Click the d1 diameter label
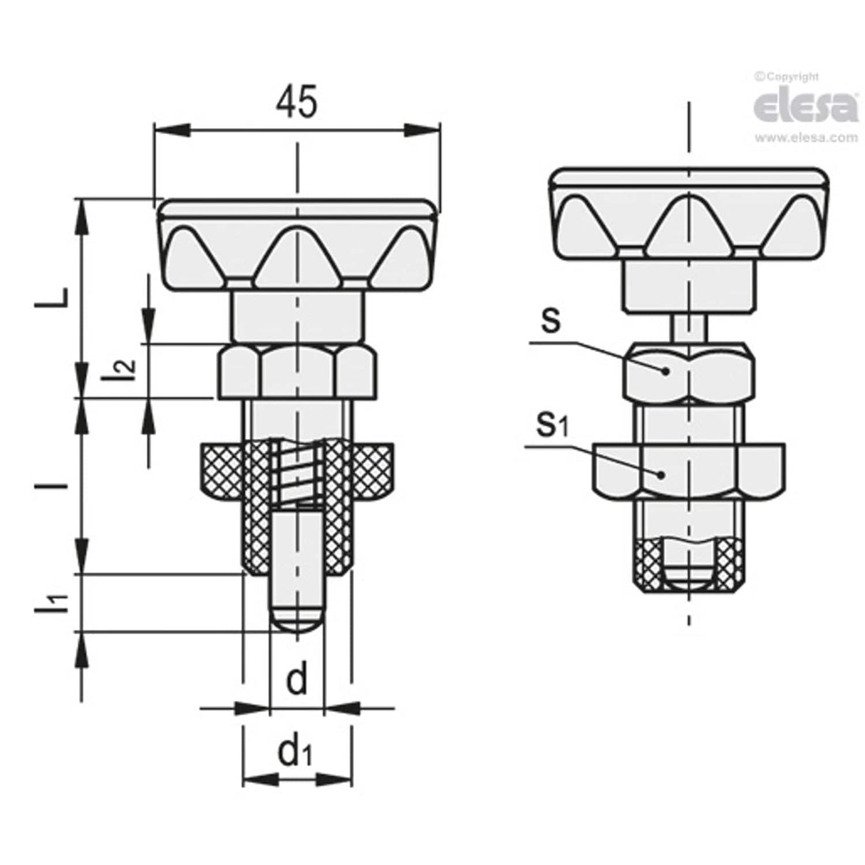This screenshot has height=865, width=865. click(x=296, y=752)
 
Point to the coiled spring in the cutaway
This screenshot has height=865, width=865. click(x=297, y=472)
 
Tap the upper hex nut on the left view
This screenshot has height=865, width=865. click(x=296, y=371)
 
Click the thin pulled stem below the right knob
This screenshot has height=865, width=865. click(x=689, y=328)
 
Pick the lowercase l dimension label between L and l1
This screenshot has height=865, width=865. click(x=61, y=486)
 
